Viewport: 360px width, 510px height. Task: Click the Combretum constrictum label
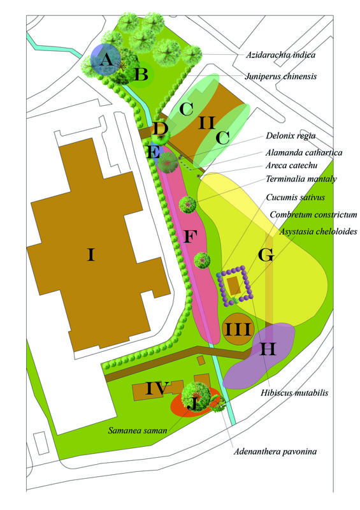point(313,215)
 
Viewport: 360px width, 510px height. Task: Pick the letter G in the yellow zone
point(266,256)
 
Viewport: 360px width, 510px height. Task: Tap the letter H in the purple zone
point(268,349)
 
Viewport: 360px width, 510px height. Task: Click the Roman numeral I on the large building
point(91,256)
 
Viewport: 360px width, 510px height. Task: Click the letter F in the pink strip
point(189,237)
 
